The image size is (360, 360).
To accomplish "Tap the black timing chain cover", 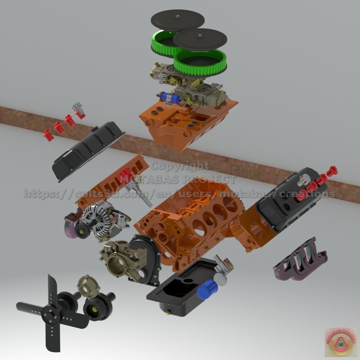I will point(144,259).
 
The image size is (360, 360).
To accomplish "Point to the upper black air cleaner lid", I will point(177,20).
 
